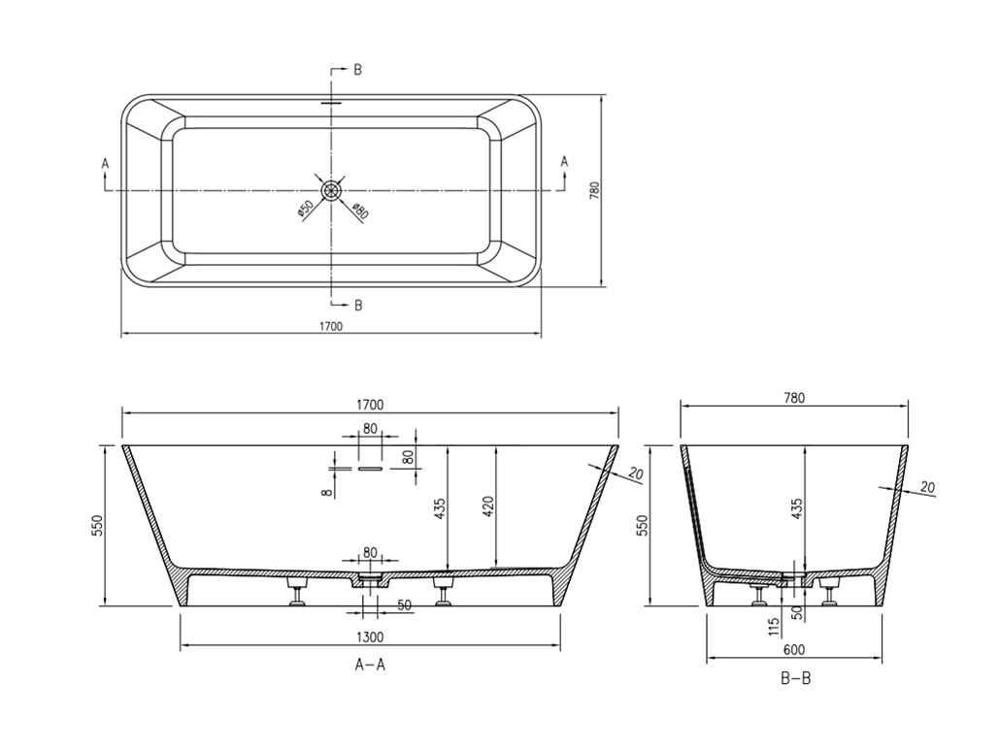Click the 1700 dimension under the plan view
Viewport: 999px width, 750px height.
click(x=331, y=326)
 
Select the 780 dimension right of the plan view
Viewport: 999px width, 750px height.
click(x=595, y=192)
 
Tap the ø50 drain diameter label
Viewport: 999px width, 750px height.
click(x=305, y=209)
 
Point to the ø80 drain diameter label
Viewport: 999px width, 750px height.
click(x=360, y=211)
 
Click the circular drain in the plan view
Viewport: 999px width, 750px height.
click(x=332, y=190)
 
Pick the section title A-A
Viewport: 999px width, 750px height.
click(x=370, y=665)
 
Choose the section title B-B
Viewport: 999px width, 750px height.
click(x=795, y=679)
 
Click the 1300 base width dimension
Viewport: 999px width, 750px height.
click(x=370, y=636)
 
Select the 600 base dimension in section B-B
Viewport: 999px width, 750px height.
click(x=794, y=650)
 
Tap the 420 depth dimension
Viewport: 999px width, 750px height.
click(x=490, y=507)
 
